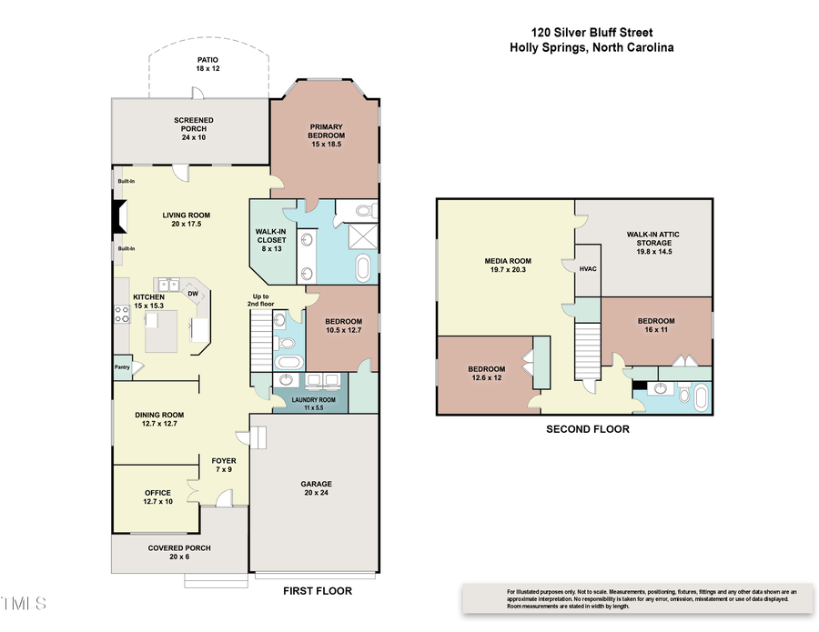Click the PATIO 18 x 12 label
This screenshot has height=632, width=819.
[x=207, y=64]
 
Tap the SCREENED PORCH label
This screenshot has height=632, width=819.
[x=194, y=128]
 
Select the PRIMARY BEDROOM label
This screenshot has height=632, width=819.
[x=326, y=132]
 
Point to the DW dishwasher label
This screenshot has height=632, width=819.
[x=193, y=294]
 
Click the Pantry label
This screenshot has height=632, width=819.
[x=123, y=367]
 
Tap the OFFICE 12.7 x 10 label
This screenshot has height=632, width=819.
[x=157, y=497]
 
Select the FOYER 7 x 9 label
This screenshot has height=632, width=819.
[x=224, y=465]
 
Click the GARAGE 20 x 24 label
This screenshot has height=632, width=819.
[x=317, y=488]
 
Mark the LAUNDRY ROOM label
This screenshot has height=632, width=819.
[x=313, y=404]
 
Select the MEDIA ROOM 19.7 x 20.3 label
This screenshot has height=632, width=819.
[x=507, y=266]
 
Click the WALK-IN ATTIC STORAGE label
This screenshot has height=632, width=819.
[x=652, y=238]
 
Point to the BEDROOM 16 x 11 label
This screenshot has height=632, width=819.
[x=656, y=326]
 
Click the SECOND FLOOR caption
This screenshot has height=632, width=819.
[x=587, y=428]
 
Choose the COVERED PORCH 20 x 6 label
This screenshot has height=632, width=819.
[x=179, y=552]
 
